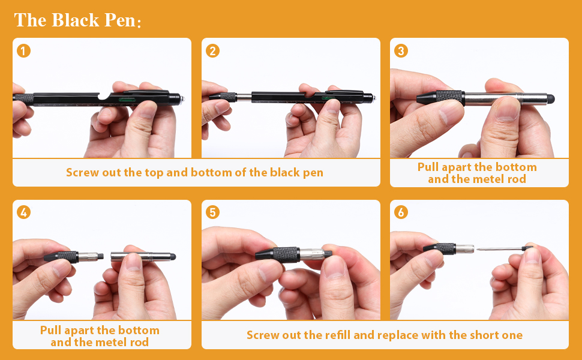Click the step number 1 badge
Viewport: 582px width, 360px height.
pos(24,51)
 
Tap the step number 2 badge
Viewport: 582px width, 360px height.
pos(212,51)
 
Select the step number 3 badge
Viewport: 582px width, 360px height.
pos(401,51)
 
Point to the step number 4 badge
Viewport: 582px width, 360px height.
pos(24,212)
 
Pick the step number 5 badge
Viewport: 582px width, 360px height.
pos(212,212)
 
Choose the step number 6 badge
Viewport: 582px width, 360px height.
pos(401,212)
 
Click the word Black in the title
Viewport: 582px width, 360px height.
pos(76,20)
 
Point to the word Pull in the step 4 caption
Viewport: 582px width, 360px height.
pos(50,331)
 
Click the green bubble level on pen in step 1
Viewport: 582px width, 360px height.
pos(126,99)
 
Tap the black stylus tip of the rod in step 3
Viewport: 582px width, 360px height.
pos(550,99)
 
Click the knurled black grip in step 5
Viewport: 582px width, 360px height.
pos(286,254)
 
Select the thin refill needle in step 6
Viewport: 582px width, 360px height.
pos(499,248)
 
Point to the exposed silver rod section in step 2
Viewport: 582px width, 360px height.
pos(244,97)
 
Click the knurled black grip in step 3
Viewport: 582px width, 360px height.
pos(450,97)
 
